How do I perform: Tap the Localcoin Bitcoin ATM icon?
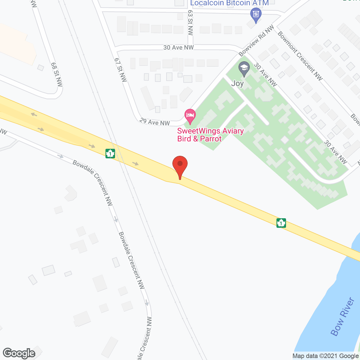click(256, 14)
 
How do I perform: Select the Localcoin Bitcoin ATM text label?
click(229, 3)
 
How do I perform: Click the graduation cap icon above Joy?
click(244, 68)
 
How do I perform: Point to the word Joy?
click(237, 84)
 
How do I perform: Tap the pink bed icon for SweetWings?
click(190, 116)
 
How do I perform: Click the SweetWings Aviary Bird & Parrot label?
click(210, 135)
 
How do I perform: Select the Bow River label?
click(342, 317)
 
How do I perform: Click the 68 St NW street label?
click(57, 74)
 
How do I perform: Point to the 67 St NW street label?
click(120, 70)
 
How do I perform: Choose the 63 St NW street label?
click(190, 26)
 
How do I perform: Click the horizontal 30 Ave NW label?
click(178, 48)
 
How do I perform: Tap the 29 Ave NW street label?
click(155, 122)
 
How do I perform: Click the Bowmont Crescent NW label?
click(300, 56)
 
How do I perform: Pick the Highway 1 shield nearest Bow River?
click(281, 223)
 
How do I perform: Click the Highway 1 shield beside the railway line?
click(110, 154)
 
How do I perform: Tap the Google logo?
click(19, 353)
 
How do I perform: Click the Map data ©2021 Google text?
click(325, 356)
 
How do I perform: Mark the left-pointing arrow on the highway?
click(34, 114)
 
